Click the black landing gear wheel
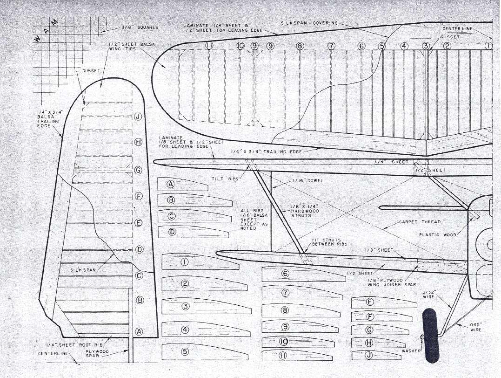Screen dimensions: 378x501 (430, 335)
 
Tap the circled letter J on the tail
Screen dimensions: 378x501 (138, 117)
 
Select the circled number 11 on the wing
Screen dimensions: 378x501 (208, 46)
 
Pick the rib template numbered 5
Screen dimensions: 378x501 (200, 352)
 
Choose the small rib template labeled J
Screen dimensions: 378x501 (375, 355)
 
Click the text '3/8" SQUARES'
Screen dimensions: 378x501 (140, 27)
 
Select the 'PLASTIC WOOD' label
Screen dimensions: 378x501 (437, 235)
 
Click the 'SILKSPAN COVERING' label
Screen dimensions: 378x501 (309, 23)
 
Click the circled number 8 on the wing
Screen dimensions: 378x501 (300, 46)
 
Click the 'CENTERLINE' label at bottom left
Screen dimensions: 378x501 (53, 354)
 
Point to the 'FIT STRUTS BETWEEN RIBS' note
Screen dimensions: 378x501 (329, 242)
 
